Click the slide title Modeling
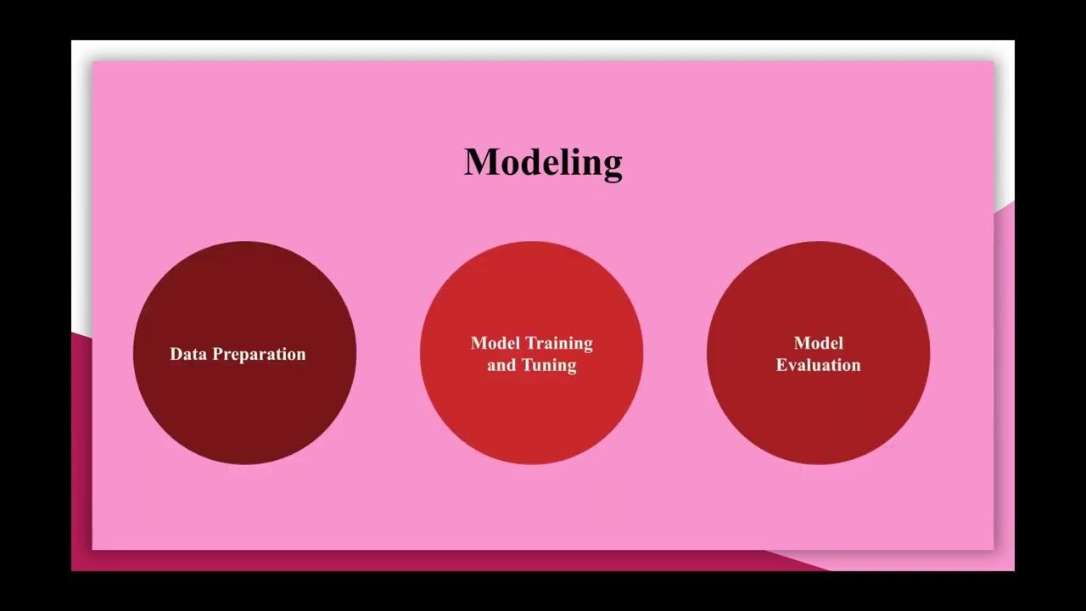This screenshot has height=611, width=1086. [543, 161]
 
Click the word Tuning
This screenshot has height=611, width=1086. [548, 366]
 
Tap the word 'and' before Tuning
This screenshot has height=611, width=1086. [501, 366]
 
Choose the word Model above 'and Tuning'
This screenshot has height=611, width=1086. [495, 343]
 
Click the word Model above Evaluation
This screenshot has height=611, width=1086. [818, 343]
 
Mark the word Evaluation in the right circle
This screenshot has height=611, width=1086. [818, 365]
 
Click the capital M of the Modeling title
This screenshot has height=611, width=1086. [480, 161]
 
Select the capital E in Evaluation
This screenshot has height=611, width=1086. [781, 365]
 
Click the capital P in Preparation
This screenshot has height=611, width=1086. [218, 354]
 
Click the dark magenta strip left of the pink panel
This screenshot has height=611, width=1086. [81, 450]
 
